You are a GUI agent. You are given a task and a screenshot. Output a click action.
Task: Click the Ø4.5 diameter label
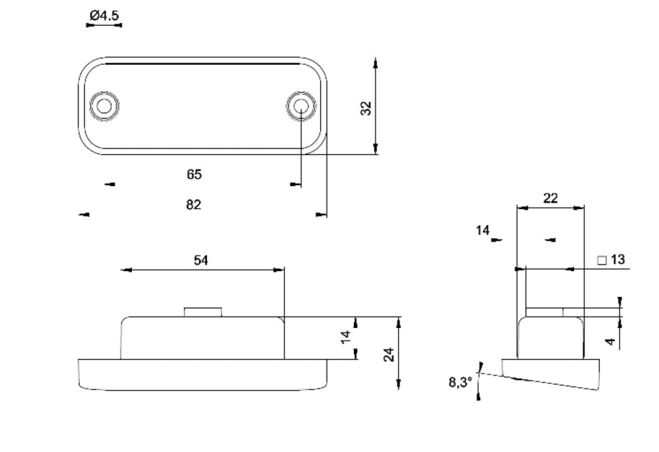104,16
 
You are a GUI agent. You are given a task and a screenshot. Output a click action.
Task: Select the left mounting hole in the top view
104,106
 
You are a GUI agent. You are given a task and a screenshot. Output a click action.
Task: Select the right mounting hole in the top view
300,106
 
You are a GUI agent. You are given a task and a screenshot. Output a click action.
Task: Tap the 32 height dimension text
366,108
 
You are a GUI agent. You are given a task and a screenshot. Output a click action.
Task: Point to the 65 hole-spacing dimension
194,174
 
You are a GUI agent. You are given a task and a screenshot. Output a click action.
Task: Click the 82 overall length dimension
193,205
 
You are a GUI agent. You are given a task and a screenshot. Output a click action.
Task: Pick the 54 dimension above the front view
201,260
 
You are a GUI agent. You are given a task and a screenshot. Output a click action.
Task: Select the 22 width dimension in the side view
550,198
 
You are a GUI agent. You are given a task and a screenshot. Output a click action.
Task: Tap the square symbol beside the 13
602,260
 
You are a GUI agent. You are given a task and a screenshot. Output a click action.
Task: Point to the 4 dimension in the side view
611,341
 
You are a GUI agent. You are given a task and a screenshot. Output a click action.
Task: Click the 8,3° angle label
460,382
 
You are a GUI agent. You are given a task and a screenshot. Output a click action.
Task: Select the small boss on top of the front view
203,312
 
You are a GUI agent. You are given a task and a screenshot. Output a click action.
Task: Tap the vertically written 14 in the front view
346,336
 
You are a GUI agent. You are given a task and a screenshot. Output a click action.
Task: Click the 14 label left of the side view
482,231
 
